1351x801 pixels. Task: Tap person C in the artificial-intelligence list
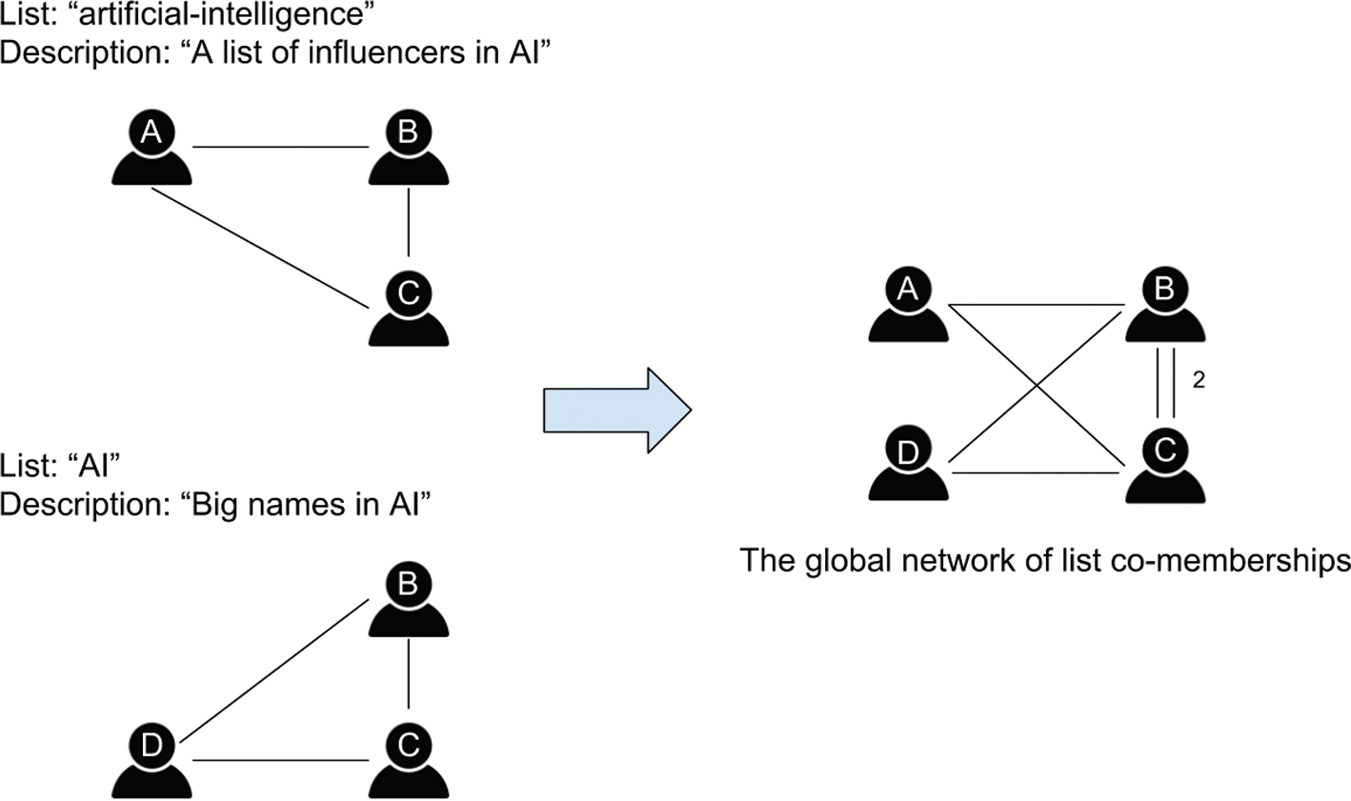point(408,310)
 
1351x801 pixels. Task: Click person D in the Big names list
point(151,761)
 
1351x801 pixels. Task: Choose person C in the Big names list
point(408,761)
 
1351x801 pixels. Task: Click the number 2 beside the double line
point(1199,380)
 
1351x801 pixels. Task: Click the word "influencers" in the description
point(357,52)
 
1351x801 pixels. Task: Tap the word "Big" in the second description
point(222,504)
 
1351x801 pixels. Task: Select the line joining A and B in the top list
point(280,148)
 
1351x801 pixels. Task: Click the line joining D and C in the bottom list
point(280,760)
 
